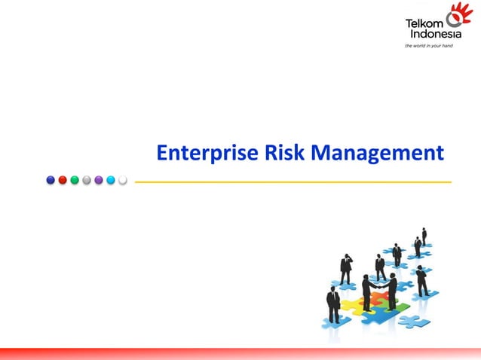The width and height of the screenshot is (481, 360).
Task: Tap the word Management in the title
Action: (378, 154)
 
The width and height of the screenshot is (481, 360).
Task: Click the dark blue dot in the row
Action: (51, 180)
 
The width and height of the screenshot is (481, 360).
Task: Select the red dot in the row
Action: (63, 180)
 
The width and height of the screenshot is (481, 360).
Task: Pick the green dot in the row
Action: (75, 180)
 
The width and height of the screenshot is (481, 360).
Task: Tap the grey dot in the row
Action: (87, 180)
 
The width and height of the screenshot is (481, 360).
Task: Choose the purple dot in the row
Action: (99, 180)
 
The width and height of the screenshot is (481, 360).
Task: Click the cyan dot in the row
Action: (111, 180)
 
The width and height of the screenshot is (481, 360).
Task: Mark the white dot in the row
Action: (122, 180)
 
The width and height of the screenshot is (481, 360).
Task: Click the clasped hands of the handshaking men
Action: (379, 286)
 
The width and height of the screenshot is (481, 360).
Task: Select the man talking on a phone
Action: (346, 268)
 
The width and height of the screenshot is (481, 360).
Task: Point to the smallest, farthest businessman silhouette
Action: (424, 235)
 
